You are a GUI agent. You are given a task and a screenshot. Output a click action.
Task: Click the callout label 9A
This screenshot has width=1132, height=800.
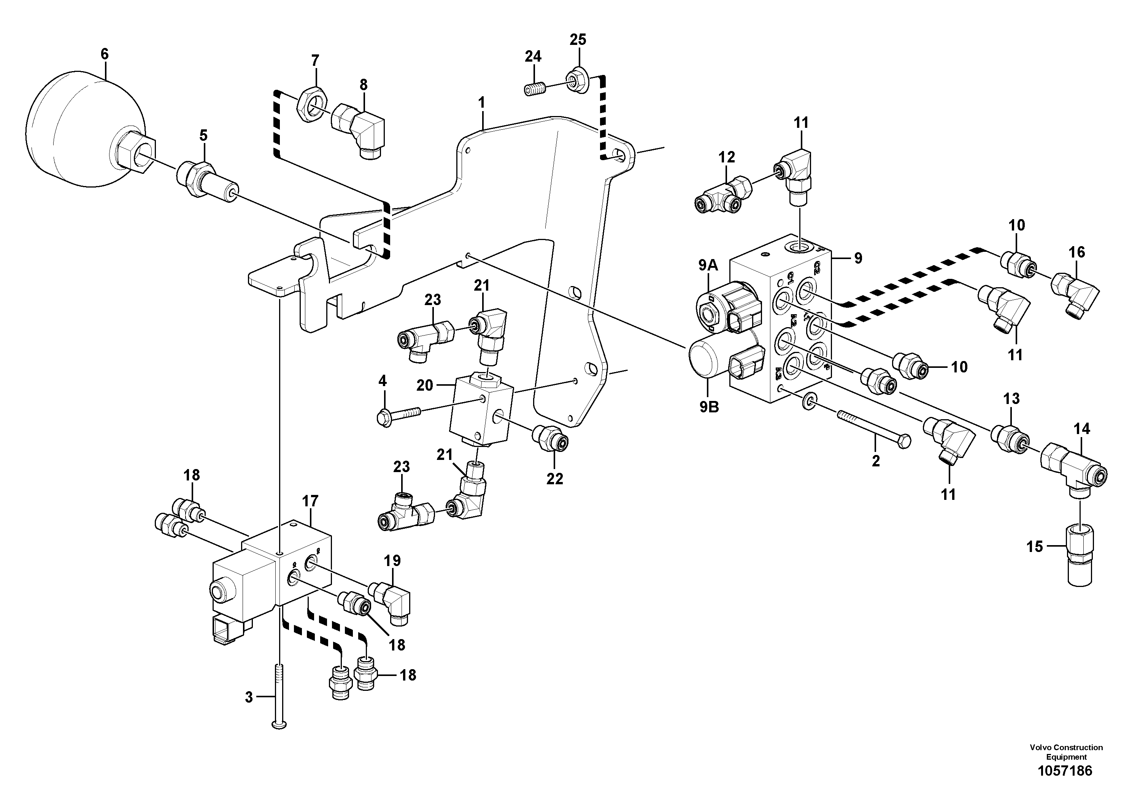pos(708,266)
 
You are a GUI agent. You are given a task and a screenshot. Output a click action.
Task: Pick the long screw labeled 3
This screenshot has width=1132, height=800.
pos(279,695)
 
